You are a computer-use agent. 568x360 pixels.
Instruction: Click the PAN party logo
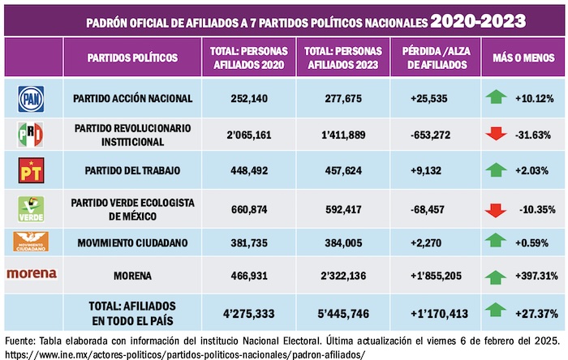pyautogui.click(x=30, y=99)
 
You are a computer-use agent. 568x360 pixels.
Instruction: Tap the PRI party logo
pyautogui.click(x=30, y=135)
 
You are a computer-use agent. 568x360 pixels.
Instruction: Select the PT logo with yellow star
pyautogui.click(x=30, y=169)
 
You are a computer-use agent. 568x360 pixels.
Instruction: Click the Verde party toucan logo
pyautogui.click(x=30, y=208)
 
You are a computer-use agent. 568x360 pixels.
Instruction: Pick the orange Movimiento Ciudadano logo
pyautogui.click(x=31, y=241)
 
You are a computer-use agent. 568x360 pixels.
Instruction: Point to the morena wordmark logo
pyautogui.click(x=32, y=274)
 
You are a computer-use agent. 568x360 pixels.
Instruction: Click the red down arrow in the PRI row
pyautogui.click(x=496, y=135)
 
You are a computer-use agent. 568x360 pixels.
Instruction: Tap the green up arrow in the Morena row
pyautogui.click(x=496, y=277)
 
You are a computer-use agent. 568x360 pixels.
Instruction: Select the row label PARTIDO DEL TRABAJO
pyautogui.click(x=132, y=170)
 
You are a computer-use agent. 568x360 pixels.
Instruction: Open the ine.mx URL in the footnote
pyautogui.click(x=185, y=354)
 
